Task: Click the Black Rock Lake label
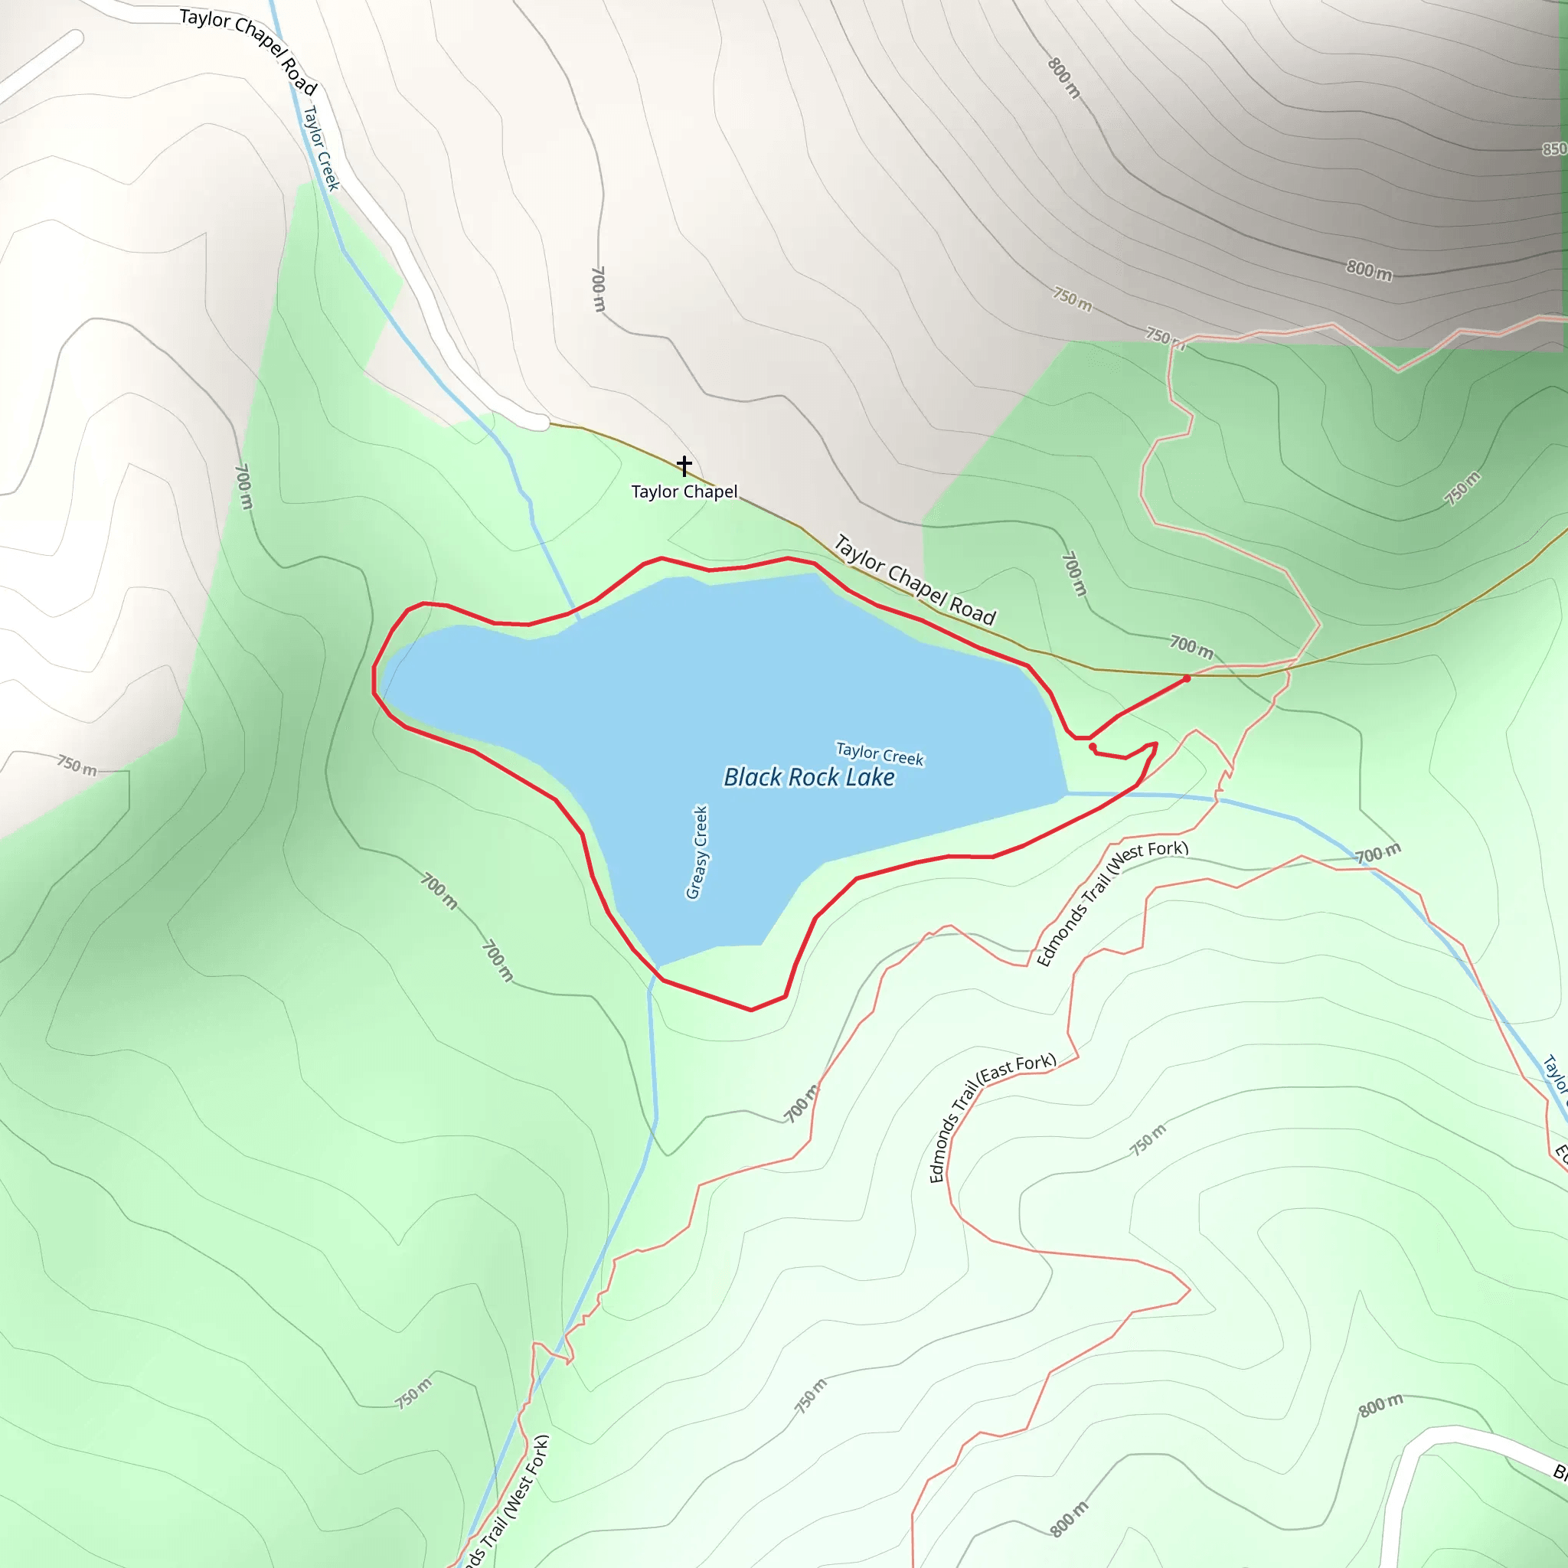808,778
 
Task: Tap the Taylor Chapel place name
684,492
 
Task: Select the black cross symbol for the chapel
684,465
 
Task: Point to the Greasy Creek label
697,852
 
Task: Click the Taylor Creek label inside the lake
880,754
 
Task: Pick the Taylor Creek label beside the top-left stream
321,149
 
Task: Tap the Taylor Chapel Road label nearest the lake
915,580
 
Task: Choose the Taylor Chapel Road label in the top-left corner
247,51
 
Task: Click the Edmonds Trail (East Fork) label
991,1117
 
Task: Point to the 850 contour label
1553,149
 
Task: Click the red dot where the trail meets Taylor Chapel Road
1187,678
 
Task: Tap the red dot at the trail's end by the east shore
1093,746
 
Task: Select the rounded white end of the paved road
539,421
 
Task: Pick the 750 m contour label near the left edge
77,765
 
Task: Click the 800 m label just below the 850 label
1369,269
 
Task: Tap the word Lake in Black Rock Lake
869,778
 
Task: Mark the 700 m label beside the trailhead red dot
1191,646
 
